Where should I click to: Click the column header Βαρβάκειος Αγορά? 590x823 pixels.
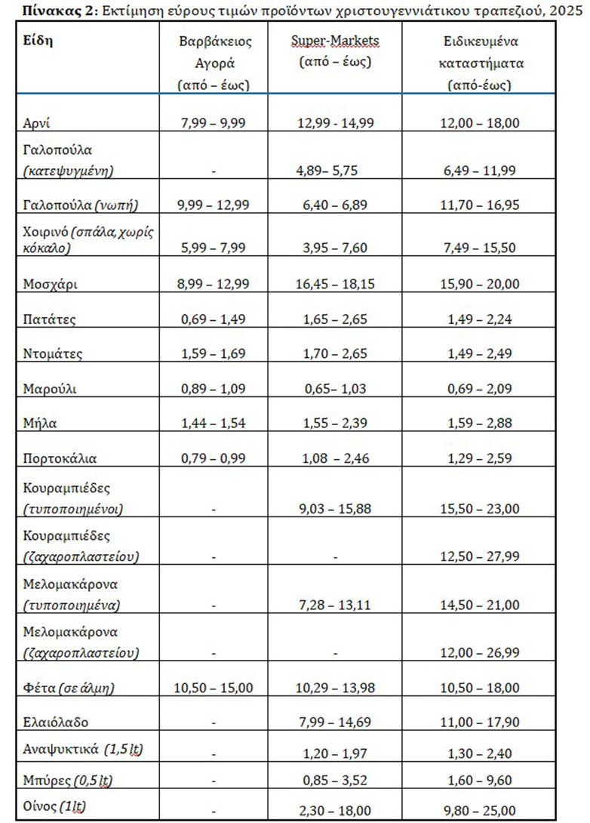214,63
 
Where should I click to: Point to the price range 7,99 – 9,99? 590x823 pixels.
214,123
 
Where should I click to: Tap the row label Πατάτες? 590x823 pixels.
49,319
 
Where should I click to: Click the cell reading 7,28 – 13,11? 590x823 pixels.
334,606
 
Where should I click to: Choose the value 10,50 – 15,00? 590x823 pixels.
214,688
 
